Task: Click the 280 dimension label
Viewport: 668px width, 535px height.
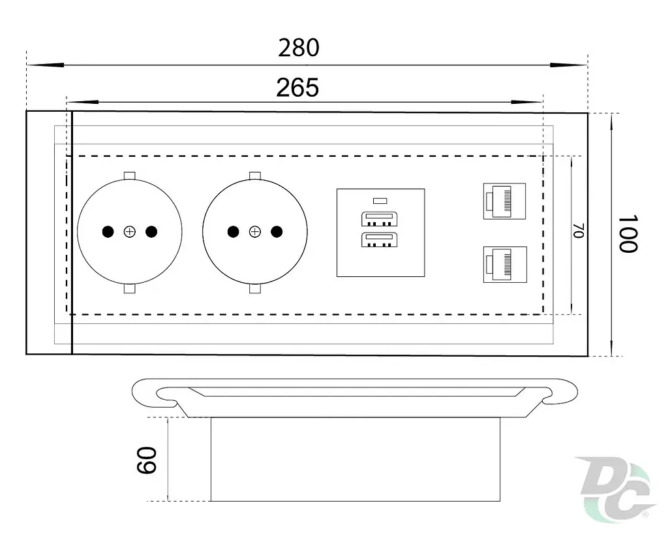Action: click(299, 47)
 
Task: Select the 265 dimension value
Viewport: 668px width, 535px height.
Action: click(297, 88)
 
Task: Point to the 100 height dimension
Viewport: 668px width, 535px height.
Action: click(628, 234)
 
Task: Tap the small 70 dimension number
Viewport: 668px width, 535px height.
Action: click(578, 231)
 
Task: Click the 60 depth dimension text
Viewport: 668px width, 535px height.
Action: click(147, 461)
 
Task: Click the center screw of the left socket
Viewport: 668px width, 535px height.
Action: click(130, 232)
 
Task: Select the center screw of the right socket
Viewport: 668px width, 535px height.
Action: click(255, 232)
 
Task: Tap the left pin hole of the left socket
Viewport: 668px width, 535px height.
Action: click(108, 232)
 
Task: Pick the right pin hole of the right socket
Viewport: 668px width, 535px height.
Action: click(277, 232)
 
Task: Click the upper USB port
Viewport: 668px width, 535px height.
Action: click(379, 219)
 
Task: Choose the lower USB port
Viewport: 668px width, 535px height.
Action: click(379, 240)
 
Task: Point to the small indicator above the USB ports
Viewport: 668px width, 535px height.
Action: click(380, 201)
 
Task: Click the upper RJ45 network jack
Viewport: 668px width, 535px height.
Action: click(504, 201)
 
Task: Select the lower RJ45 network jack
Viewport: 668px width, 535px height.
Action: click(505, 265)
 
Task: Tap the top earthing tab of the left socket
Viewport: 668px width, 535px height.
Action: click(130, 176)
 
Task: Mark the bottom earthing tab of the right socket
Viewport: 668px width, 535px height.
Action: click(255, 289)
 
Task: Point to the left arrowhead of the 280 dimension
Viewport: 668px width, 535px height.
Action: click(45, 65)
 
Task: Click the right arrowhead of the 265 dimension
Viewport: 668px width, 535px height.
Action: click(527, 103)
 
